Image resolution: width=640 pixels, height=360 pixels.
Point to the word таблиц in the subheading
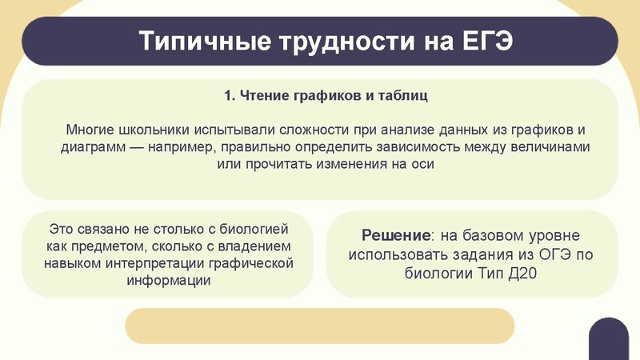[403, 96]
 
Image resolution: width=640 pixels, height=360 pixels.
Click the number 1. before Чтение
[230, 96]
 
